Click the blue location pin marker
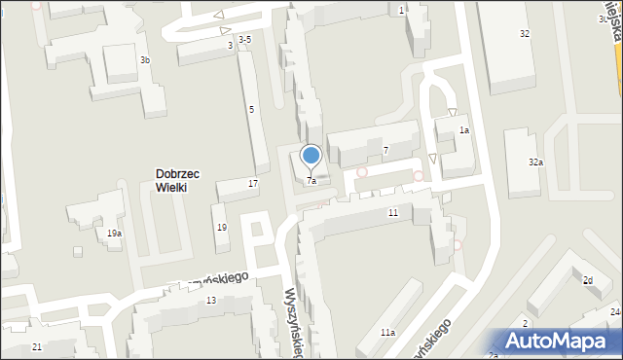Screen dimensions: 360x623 pyautogui.click(x=311, y=156)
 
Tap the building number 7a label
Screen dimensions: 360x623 pyautogui.click(x=311, y=181)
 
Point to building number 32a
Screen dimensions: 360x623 pyautogui.click(x=535, y=162)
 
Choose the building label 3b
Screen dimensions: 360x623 pyautogui.click(x=145, y=60)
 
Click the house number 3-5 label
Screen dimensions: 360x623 pyautogui.click(x=245, y=39)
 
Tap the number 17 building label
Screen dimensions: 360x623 pyautogui.click(x=253, y=183)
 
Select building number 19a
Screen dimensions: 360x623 pyautogui.click(x=114, y=234)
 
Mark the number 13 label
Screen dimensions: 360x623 pyautogui.click(x=211, y=300)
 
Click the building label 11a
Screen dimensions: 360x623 pyautogui.click(x=388, y=333)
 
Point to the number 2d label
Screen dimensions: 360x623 pyautogui.click(x=588, y=280)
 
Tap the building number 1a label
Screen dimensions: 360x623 pyautogui.click(x=465, y=130)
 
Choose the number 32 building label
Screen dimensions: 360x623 pyautogui.click(x=525, y=34)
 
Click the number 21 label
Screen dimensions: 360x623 pyautogui.click(x=36, y=346)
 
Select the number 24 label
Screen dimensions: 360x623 pyautogui.click(x=615, y=311)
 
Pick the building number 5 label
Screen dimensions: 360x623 pyautogui.click(x=251, y=109)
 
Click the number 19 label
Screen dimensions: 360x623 pyautogui.click(x=222, y=227)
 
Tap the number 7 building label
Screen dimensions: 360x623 pyautogui.click(x=386, y=150)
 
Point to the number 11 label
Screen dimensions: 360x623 pyautogui.click(x=393, y=212)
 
